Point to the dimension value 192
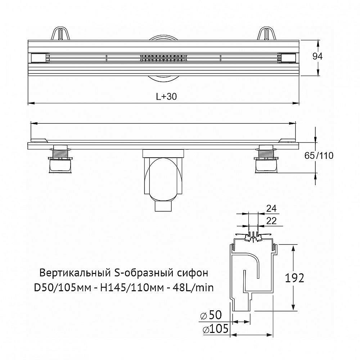pyautogui.click(x=294, y=278)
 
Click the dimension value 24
pyautogui.click(x=271, y=208)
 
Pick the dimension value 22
pyautogui.click(x=271, y=221)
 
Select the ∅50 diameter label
pyautogui.click(x=210, y=316)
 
